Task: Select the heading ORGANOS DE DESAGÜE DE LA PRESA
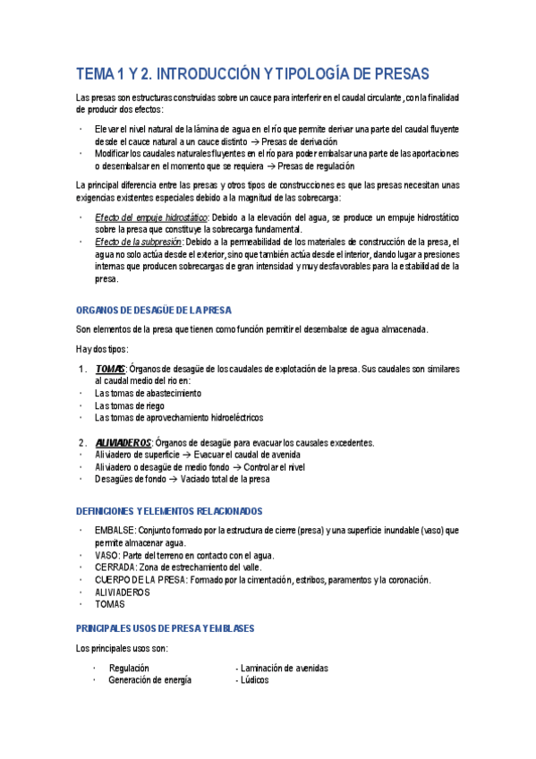[152, 310]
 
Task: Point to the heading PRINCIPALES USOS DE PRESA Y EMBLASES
[165, 629]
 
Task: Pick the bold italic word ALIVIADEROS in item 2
[123, 442]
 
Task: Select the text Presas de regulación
[316, 166]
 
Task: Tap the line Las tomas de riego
[131, 405]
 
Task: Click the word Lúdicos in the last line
[254, 680]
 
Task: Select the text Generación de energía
[149, 680]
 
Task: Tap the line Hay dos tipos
[101, 349]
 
